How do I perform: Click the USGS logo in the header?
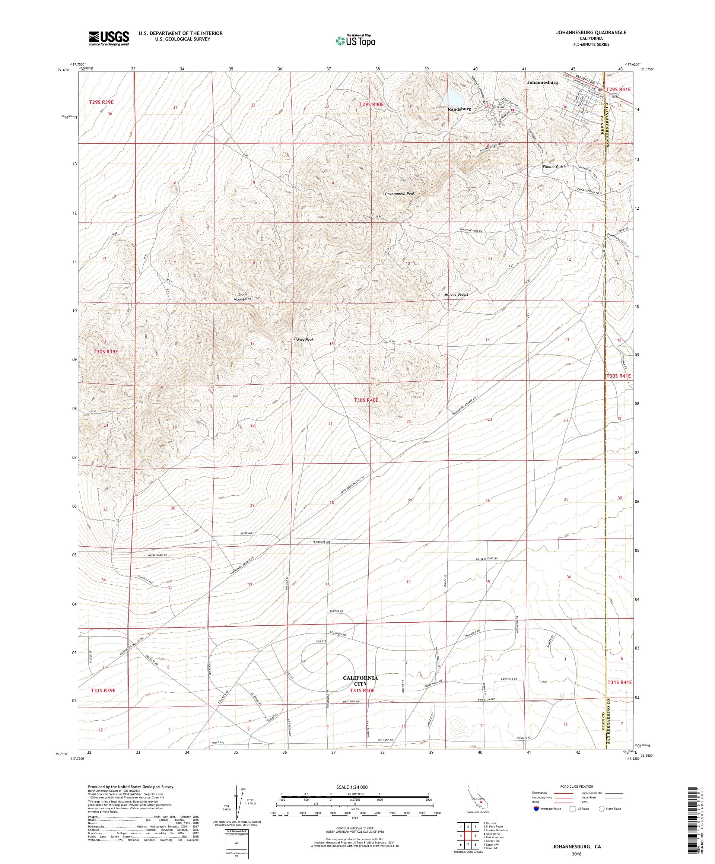[109, 38]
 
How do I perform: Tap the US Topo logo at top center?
[356, 40]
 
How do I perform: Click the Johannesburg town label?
[542, 82]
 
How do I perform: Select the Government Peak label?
[400, 193]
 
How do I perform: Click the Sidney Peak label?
[304, 339]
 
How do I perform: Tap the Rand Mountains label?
[243, 297]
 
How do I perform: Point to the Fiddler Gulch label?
[554, 166]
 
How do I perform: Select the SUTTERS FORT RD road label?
[487, 559]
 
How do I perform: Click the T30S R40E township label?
[367, 400]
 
